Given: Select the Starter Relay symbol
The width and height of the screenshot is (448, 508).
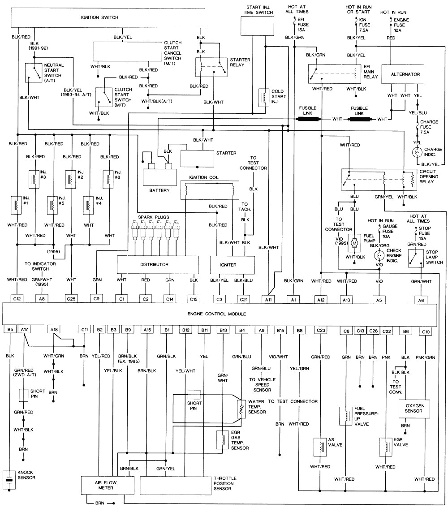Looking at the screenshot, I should [x=211, y=68].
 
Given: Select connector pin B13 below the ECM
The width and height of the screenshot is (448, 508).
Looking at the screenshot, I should [x=223, y=331].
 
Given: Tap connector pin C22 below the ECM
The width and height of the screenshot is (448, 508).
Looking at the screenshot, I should [x=387, y=331].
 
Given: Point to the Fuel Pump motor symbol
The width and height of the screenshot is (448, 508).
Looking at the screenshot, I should [x=354, y=242].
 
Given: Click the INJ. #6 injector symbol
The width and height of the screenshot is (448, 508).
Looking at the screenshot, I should [x=107, y=177].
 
